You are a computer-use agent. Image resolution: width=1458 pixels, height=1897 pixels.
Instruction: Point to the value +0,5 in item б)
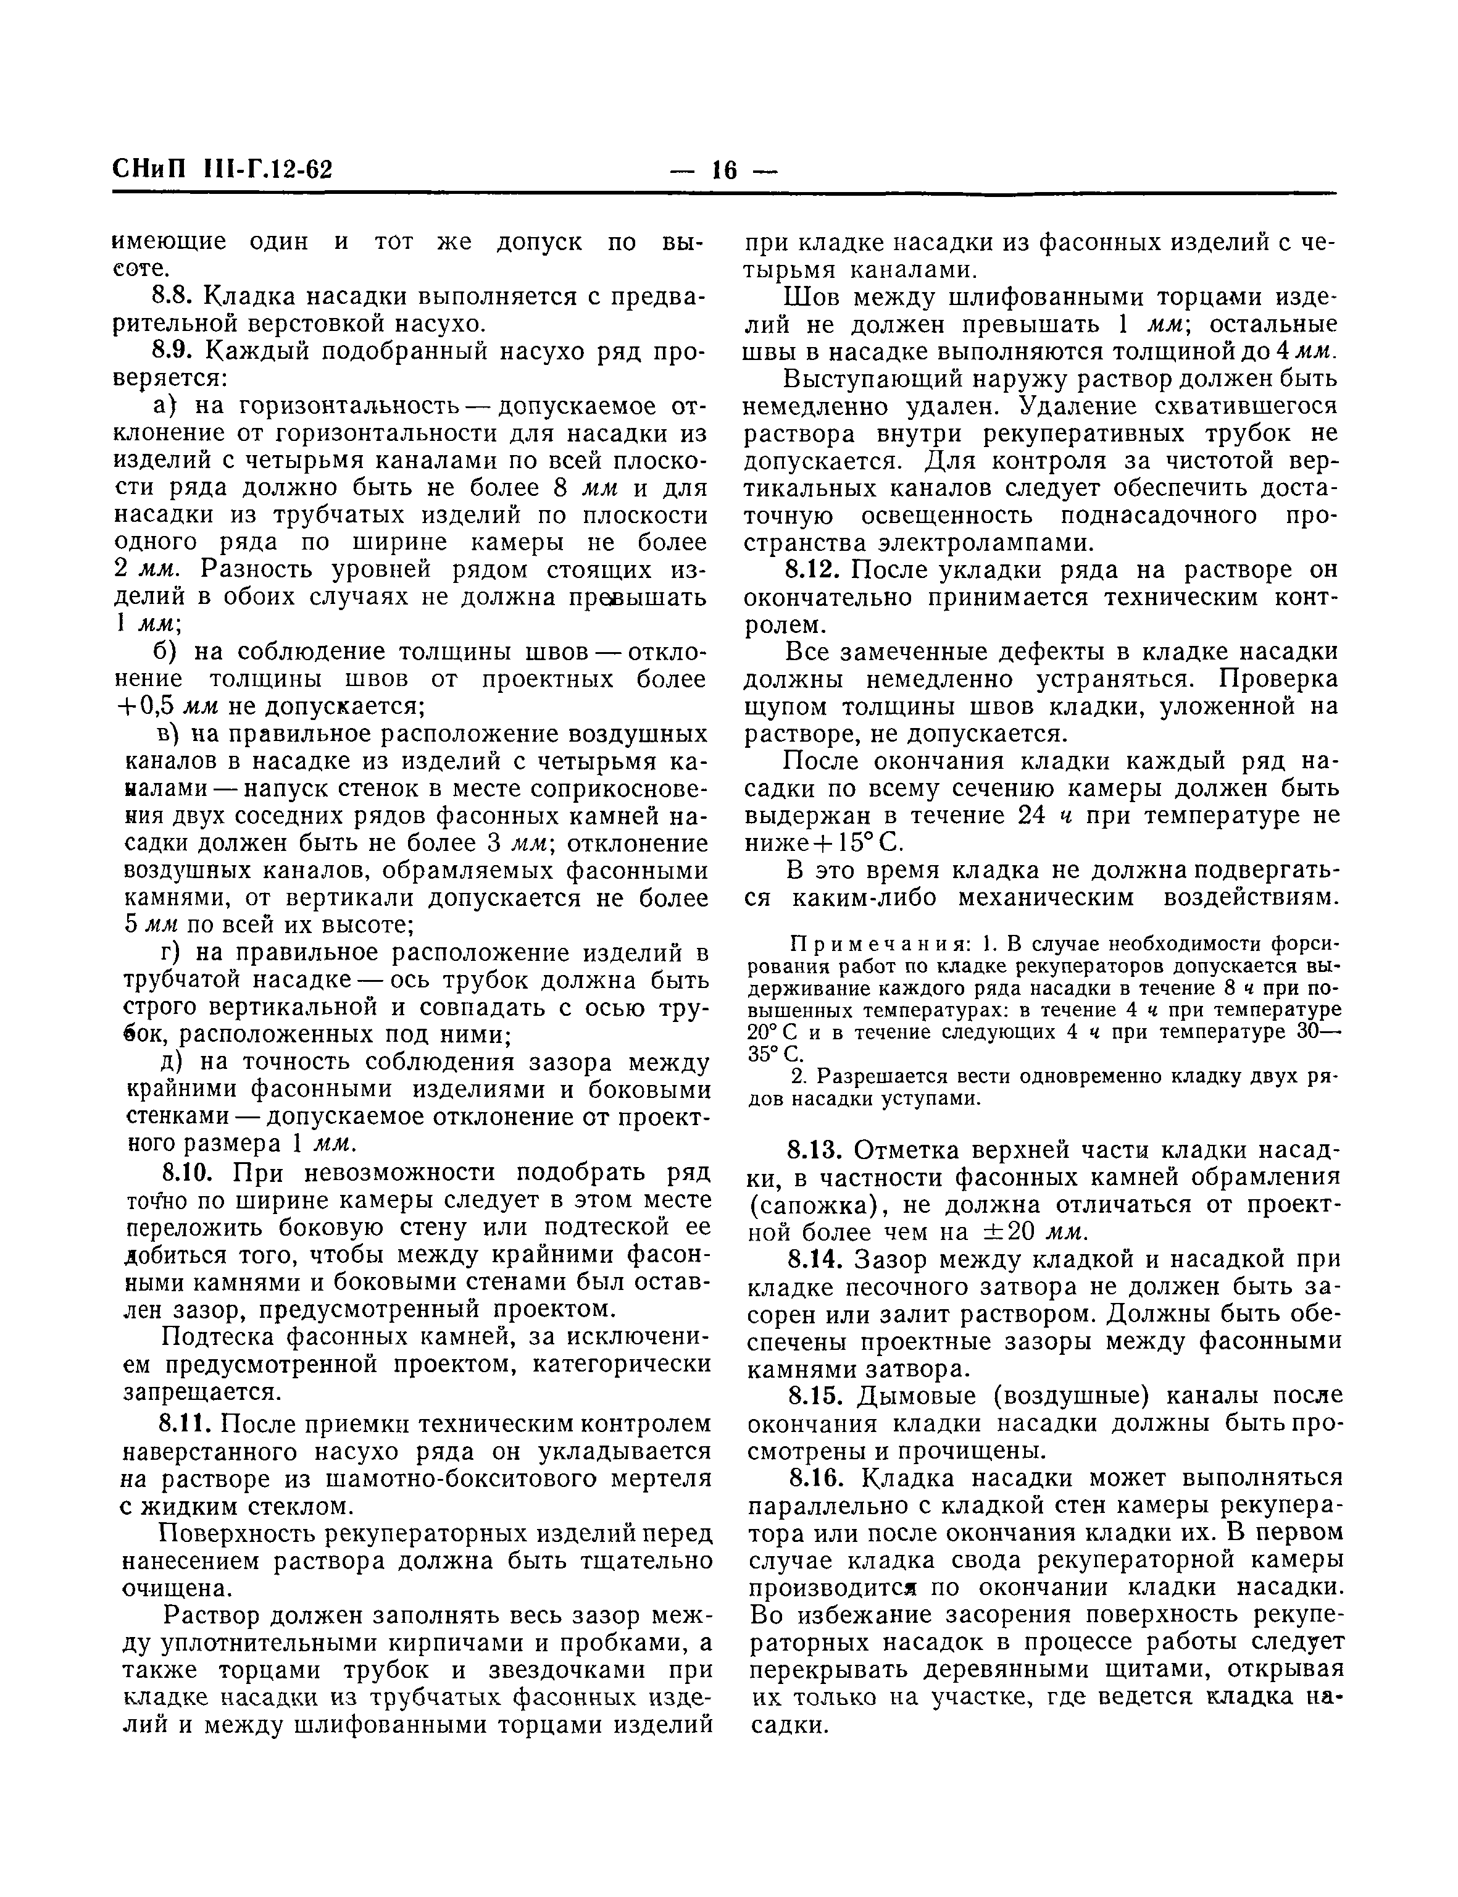pos(148,706)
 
